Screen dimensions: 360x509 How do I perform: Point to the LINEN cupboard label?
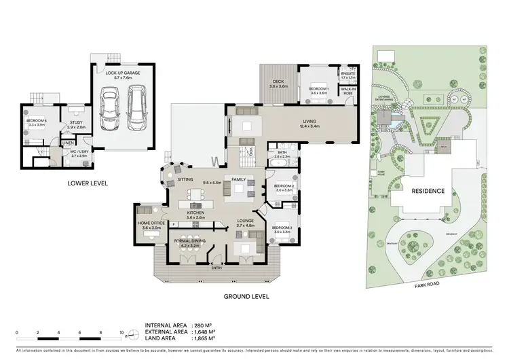[x=67, y=143]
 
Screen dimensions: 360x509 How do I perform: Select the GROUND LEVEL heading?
[x=246, y=296]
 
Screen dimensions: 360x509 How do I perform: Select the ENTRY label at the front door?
[x=216, y=268]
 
